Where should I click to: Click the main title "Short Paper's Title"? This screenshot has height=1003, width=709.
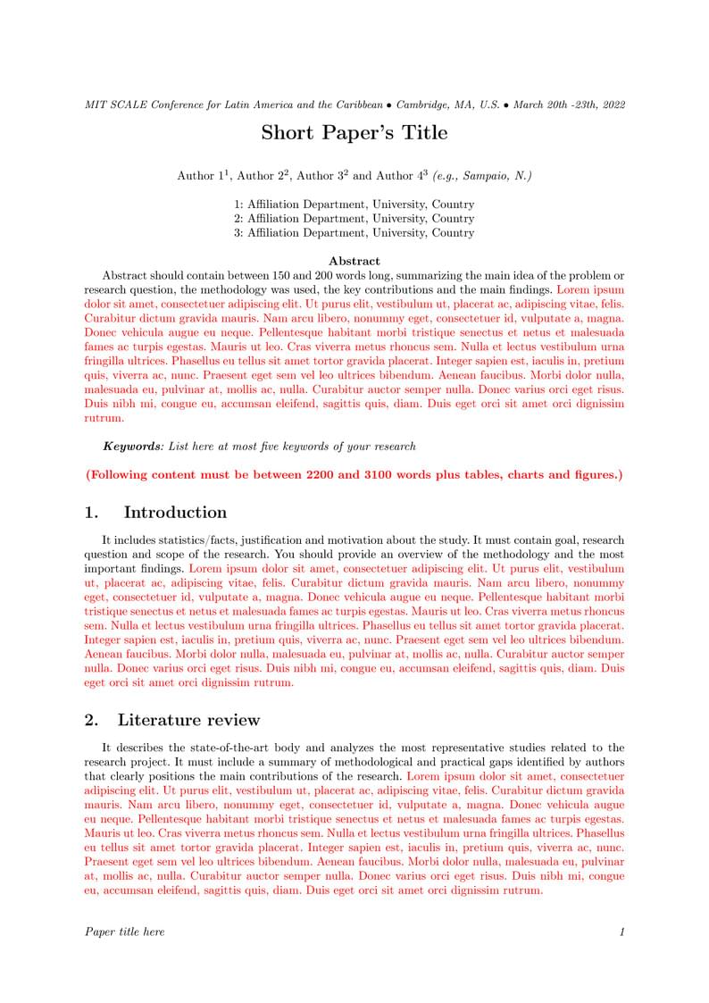pyautogui.click(x=354, y=133)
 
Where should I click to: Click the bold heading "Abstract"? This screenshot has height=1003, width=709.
pyautogui.click(x=354, y=262)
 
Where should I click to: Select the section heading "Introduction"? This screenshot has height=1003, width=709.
pyautogui.click(x=175, y=513)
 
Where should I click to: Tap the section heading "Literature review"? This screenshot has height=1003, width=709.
pyautogui.click(x=188, y=720)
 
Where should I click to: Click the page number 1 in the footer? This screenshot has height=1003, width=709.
pyautogui.click(x=621, y=932)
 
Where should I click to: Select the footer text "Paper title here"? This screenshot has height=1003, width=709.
pyautogui.click(x=124, y=932)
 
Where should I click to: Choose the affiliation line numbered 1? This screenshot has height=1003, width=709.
pyautogui.click(x=354, y=205)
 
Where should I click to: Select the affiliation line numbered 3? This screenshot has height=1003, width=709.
pyautogui.click(x=354, y=233)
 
